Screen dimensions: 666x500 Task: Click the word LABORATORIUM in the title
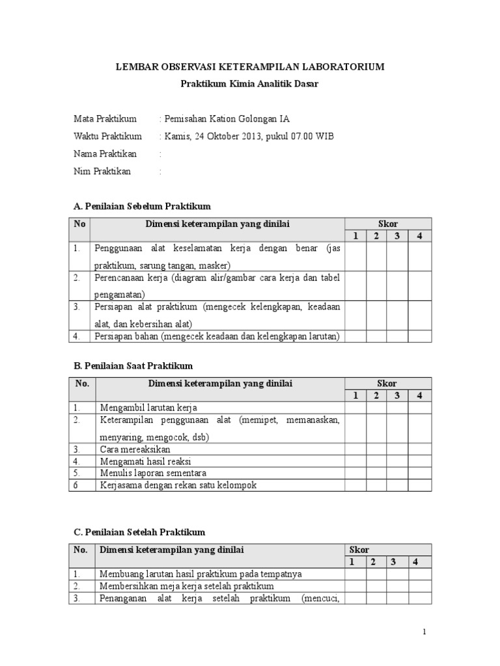click(345, 67)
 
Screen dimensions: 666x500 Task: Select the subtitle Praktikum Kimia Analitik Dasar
click(249, 84)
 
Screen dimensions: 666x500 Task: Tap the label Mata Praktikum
click(105, 119)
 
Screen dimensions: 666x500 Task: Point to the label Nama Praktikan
click(105, 154)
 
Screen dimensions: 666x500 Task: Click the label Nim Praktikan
click(102, 172)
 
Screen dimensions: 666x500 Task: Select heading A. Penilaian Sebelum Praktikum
click(143, 206)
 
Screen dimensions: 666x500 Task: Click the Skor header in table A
click(388, 224)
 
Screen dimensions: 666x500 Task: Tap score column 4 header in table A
click(420, 235)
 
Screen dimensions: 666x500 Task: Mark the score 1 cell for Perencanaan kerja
click(355, 286)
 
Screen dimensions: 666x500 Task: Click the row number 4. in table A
click(77, 336)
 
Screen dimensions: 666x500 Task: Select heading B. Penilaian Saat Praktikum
click(133, 366)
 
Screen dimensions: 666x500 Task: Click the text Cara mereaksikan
click(135, 449)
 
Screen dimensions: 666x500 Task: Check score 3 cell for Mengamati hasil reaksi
click(396, 461)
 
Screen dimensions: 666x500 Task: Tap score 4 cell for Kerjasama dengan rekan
click(419, 485)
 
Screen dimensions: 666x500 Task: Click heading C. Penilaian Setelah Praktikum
click(140, 532)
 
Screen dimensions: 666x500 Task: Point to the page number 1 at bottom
click(424, 632)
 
